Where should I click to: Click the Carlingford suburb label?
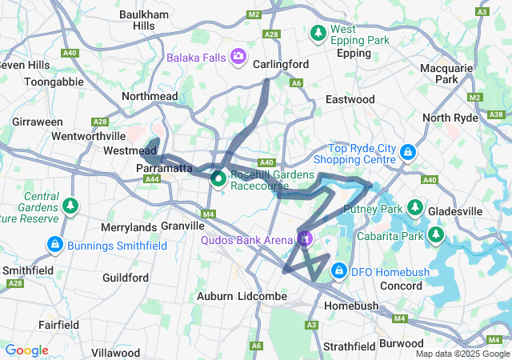click(281, 63)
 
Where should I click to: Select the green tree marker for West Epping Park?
click(318, 34)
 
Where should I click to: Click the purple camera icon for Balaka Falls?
click(238, 57)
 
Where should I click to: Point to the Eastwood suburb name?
click(350, 99)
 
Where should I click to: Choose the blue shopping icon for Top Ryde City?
click(408, 150)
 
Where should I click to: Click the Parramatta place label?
click(164, 169)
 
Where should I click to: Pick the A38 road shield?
click(496, 115)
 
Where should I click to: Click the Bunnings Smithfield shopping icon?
click(55, 244)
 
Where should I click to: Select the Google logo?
click(26, 350)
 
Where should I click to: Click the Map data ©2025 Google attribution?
click(462, 354)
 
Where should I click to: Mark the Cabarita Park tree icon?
click(435, 234)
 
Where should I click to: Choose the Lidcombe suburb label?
click(256, 296)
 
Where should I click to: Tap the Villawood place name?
click(115, 352)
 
